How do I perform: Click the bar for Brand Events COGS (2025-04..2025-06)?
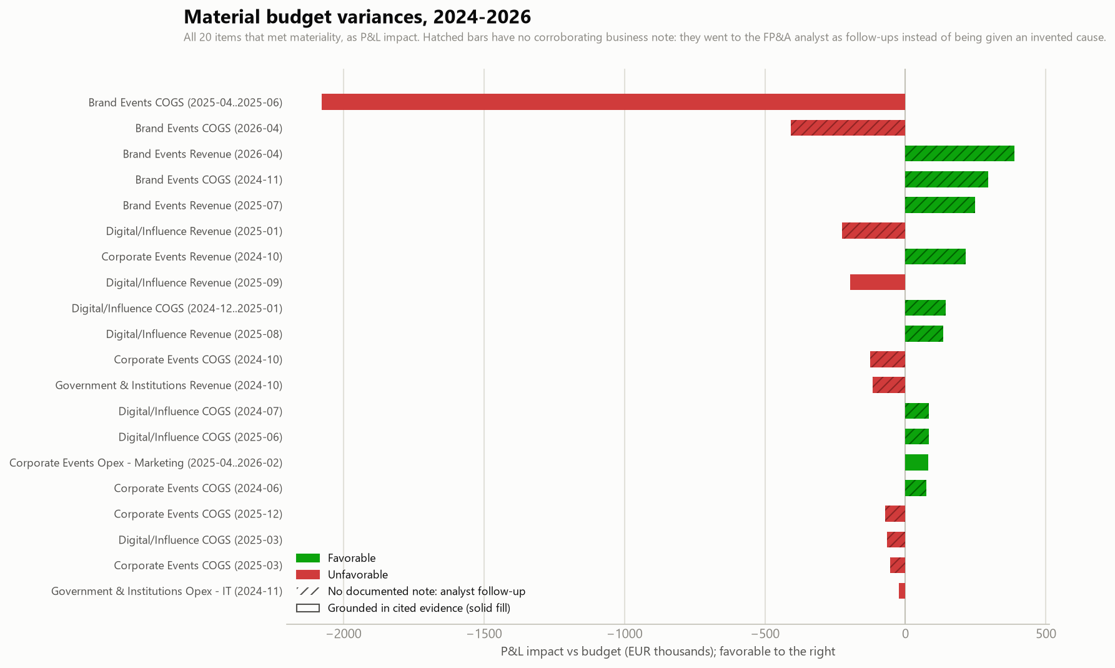[x=613, y=102]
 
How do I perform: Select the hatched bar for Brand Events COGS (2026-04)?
[x=848, y=128]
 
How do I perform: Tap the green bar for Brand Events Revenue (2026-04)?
[x=959, y=154]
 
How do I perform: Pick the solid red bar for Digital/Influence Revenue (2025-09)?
[x=878, y=282]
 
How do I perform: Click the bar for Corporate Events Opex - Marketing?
[x=916, y=462]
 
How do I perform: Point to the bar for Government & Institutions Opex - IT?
[x=902, y=591]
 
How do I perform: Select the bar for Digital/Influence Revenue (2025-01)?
[x=873, y=231]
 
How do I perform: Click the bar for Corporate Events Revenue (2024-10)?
[x=935, y=256]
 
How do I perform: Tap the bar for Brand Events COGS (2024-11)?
[x=946, y=179]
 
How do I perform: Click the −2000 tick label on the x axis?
[x=344, y=634]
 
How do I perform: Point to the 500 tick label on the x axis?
[x=1046, y=634]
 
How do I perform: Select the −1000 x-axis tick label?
[x=625, y=634]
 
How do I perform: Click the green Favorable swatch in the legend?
[x=308, y=558]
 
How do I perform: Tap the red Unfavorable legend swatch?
[x=308, y=575]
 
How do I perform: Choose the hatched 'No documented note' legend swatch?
[x=308, y=591]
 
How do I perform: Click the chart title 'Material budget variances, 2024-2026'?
[x=357, y=17]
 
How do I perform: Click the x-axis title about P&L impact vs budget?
[x=668, y=652]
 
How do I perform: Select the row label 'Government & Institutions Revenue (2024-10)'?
[x=169, y=386]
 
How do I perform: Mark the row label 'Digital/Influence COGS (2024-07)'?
[x=201, y=411]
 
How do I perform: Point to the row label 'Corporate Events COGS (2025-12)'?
[x=198, y=514]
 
